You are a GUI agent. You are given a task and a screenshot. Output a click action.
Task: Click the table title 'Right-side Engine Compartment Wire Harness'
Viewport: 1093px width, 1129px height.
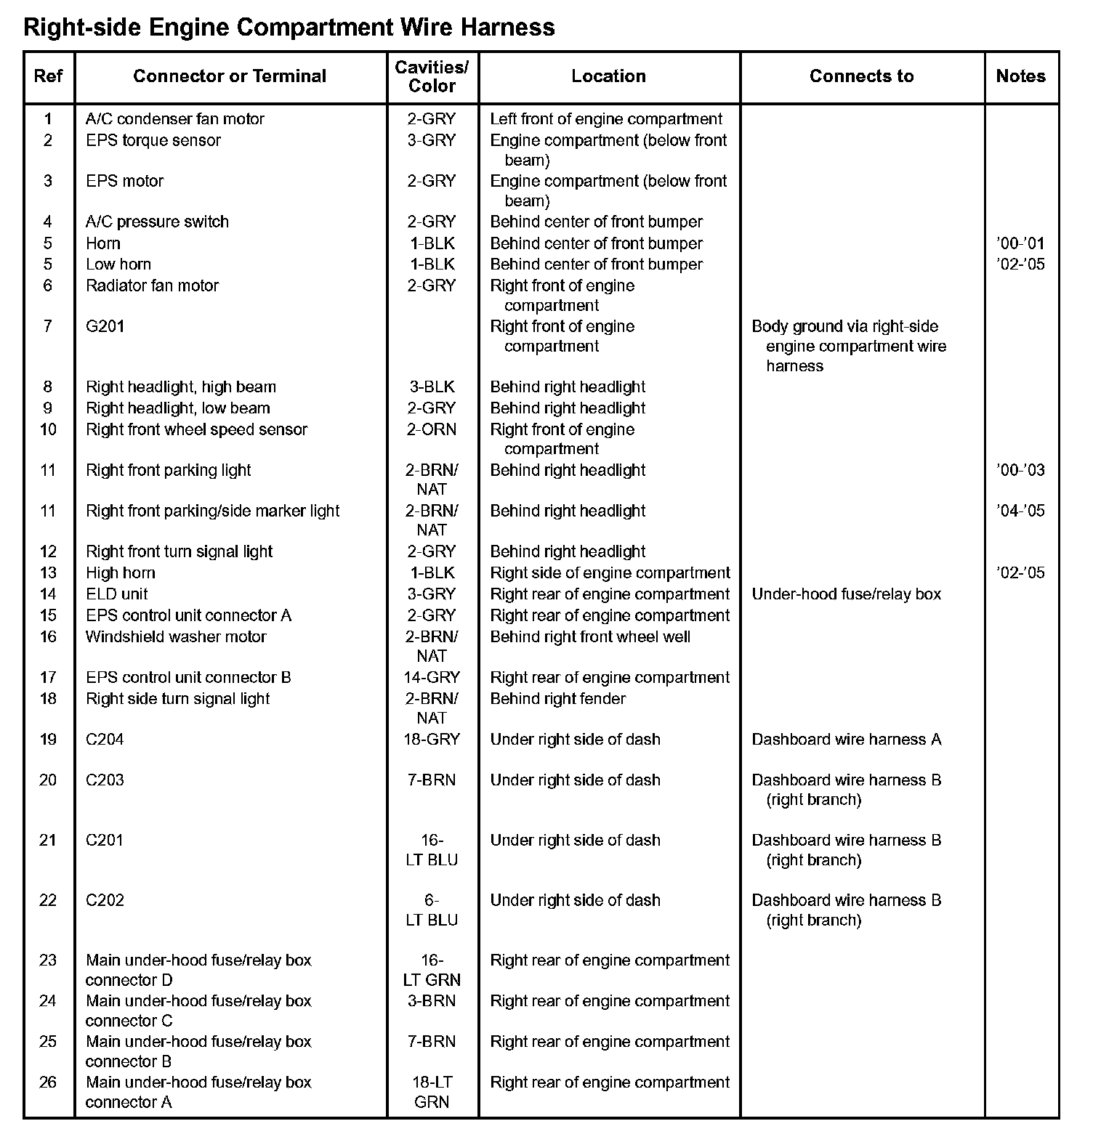[289, 28]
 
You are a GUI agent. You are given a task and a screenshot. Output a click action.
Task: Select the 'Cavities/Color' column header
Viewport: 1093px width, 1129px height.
[432, 76]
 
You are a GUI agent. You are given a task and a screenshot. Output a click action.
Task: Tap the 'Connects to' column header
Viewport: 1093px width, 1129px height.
[861, 76]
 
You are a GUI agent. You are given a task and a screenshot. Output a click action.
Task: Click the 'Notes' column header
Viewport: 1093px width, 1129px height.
[1020, 76]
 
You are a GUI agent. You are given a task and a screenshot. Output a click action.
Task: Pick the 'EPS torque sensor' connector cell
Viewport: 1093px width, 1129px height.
[153, 140]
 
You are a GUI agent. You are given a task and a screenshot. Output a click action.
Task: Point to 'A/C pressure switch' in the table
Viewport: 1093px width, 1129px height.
[157, 222]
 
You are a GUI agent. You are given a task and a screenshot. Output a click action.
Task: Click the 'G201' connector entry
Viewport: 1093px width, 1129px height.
[105, 326]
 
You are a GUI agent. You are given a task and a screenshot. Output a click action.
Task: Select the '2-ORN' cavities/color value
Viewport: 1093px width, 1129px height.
[432, 429]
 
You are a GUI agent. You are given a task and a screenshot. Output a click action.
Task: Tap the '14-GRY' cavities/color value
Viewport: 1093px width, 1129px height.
[432, 677]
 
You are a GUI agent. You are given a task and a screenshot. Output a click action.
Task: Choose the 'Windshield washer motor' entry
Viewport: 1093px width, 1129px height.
[176, 636]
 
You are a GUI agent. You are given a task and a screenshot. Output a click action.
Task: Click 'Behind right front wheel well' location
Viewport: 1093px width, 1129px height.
[590, 636]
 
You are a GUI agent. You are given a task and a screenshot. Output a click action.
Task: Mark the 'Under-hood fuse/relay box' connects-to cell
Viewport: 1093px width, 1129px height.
[846, 594]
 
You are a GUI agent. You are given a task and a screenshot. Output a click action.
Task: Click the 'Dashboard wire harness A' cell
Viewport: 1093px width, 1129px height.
[846, 740]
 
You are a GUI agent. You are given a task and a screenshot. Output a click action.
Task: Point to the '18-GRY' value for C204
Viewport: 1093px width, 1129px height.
[432, 740]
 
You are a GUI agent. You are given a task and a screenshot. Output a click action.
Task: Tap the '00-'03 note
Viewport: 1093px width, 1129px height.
[1020, 470]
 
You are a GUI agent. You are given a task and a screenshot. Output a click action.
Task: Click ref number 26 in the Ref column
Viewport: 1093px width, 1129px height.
[48, 1082]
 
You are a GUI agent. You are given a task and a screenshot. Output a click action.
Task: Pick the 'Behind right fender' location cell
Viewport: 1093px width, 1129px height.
[557, 698]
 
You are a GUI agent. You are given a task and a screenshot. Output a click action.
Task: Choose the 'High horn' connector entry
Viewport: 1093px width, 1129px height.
[121, 572]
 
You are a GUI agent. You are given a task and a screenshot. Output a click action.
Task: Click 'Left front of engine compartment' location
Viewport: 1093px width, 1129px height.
[606, 119]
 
